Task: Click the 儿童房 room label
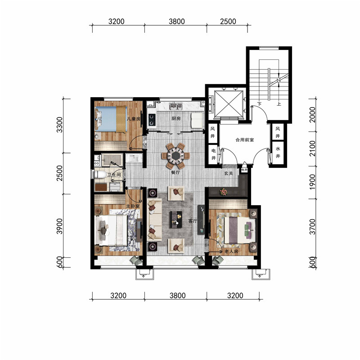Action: coord(134,119)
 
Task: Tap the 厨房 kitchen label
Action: coord(176,118)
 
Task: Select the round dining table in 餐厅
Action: coord(175,156)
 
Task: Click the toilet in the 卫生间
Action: coord(100,175)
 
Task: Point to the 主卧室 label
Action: coord(133,206)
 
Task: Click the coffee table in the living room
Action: coord(175,220)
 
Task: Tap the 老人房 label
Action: coord(231,252)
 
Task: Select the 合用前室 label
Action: coord(245,139)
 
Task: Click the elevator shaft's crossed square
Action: coord(229,104)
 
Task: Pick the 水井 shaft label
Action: coord(278,152)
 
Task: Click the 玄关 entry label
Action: coord(228,173)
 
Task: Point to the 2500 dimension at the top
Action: coord(228,21)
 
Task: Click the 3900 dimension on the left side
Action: coord(59,226)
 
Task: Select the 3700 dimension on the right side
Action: coord(312,227)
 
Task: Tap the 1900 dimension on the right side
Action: coord(312,182)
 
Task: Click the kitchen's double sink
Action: coord(175,106)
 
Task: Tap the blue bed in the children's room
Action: coord(111,119)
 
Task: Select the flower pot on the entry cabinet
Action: coord(223,192)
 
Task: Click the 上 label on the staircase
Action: coord(279,104)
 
